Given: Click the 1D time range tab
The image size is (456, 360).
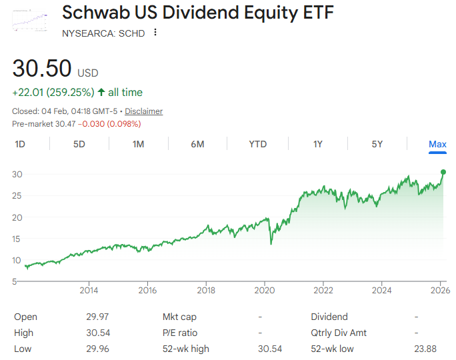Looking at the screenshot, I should tap(20, 144).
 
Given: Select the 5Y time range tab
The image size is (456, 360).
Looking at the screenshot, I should tap(377, 144).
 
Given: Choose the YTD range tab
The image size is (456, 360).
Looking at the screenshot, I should tap(257, 144).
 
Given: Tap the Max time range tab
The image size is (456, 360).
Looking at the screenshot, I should tap(437, 144).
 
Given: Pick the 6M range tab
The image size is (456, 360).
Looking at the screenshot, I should tap(197, 144).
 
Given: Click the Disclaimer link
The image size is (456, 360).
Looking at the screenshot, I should tap(143, 111).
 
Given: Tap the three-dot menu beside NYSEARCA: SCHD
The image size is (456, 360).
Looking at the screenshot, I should tap(155, 33).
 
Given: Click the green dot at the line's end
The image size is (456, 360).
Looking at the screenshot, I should tap(443, 172).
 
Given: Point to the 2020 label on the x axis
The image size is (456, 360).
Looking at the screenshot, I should tap(265, 290).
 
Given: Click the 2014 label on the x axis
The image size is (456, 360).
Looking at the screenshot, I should tap(89, 290).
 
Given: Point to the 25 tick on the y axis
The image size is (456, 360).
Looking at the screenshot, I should tap(18, 195).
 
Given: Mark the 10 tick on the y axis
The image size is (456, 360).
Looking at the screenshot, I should tap(18, 260).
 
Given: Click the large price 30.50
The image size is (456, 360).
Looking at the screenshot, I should tap(41, 70).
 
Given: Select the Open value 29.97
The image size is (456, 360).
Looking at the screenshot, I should tap(97, 317).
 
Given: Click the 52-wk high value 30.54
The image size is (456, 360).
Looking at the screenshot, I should tap(269, 349).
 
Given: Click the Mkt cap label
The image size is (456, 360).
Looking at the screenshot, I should tap(179, 317).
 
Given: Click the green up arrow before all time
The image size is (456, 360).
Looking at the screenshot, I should tap(101, 92).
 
